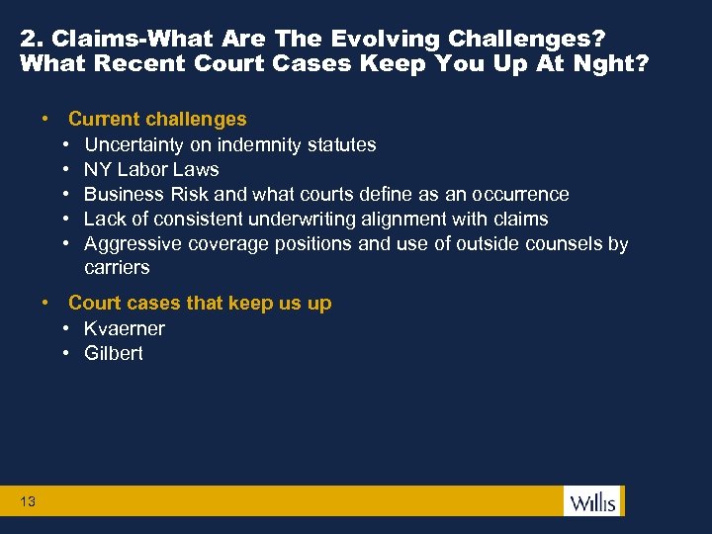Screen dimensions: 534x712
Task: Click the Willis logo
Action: [x=592, y=501]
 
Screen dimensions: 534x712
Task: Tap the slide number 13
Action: [x=28, y=502]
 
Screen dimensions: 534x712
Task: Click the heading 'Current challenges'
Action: [x=157, y=120]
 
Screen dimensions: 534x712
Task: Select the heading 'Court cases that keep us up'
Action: [x=200, y=304]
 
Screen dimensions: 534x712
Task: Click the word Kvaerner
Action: [x=125, y=328]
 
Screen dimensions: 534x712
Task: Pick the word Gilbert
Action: [x=114, y=353]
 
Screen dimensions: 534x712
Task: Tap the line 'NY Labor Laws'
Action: [x=151, y=169]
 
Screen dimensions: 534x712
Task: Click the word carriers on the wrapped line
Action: [x=117, y=268]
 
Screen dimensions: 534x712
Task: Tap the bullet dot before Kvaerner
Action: [x=64, y=328]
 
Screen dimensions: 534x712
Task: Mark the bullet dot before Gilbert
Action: [x=64, y=353]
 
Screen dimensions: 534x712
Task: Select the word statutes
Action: [x=341, y=144]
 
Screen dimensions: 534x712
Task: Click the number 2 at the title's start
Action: [x=27, y=40]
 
